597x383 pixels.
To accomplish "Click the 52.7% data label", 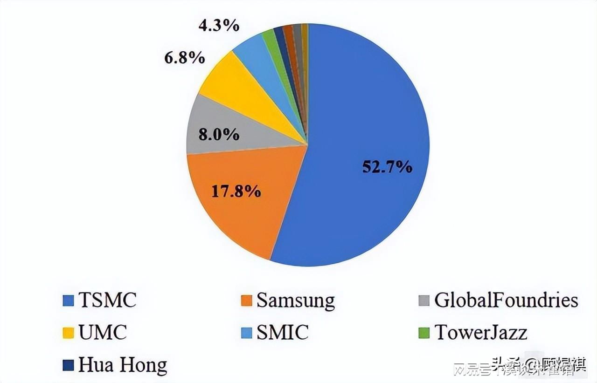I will pyautogui.click(x=387, y=167).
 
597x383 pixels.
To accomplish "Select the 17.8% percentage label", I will pyautogui.click(x=236, y=191).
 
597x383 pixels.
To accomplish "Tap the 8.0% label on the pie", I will pyautogui.click(x=219, y=135).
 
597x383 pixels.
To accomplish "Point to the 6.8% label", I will pyautogui.click(x=184, y=58).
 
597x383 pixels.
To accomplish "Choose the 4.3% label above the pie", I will pyautogui.click(x=219, y=25).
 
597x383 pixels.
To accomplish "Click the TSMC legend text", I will pyautogui.click(x=107, y=300).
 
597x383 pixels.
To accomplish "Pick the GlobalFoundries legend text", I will pyautogui.click(x=506, y=301).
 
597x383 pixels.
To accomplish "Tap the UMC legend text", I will pyautogui.click(x=103, y=333).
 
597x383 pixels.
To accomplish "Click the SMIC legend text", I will pyautogui.click(x=282, y=333).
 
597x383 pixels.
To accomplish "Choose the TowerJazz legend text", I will pyautogui.click(x=481, y=333).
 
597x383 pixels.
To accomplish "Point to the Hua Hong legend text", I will pyautogui.click(x=122, y=365).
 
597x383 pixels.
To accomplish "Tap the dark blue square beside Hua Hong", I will pyautogui.click(x=68, y=366).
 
